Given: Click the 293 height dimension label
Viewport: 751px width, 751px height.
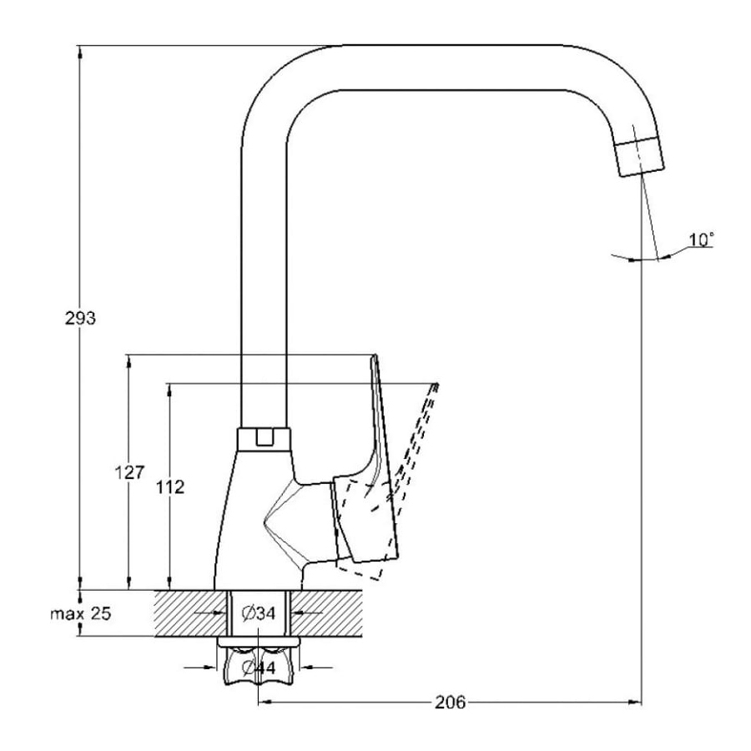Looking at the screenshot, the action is [x=80, y=318].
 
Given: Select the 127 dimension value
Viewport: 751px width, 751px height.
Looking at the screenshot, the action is [x=129, y=472].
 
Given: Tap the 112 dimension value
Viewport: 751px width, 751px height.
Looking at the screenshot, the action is [x=170, y=487].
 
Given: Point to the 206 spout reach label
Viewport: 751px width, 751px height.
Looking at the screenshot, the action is [x=451, y=702].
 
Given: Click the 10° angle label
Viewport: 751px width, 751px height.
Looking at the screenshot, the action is [x=701, y=239].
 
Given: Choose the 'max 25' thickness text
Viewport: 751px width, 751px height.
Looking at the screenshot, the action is [x=80, y=613].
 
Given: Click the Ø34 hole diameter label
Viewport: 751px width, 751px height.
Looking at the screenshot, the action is [x=259, y=613].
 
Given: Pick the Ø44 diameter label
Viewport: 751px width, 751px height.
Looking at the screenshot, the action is [x=260, y=668].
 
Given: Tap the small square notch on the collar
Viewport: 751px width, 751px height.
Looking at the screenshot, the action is [x=264, y=438].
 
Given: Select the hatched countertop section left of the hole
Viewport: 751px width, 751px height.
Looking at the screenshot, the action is [x=190, y=613].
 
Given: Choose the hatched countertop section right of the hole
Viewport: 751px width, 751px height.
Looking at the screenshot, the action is [x=326, y=613].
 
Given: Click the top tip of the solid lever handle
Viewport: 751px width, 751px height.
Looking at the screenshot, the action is [x=375, y=355].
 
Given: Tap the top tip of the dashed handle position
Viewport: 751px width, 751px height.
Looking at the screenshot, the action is [x=436, y=384].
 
